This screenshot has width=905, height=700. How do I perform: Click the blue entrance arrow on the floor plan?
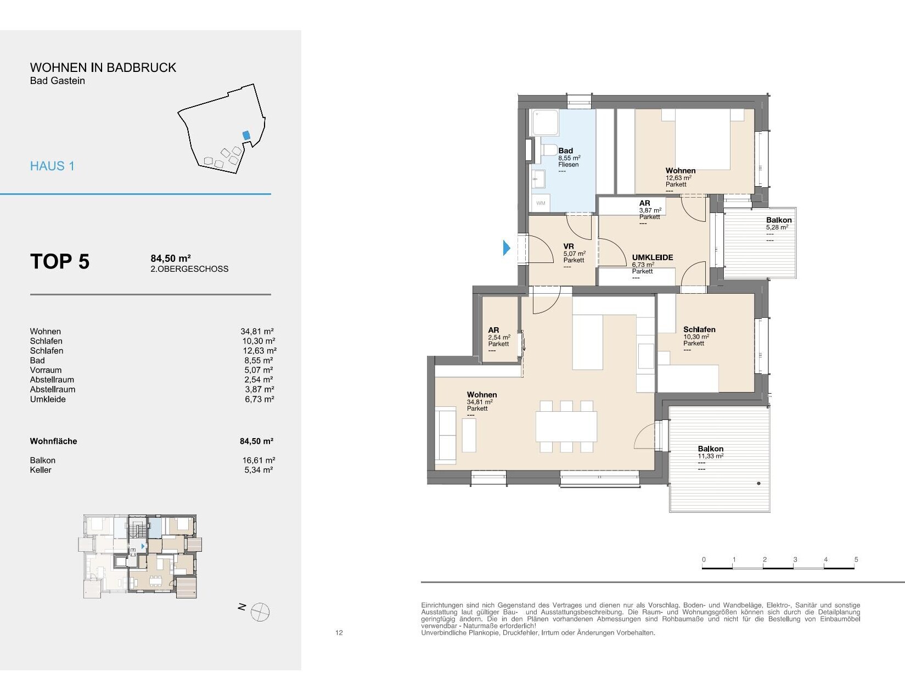(x=507, y=248)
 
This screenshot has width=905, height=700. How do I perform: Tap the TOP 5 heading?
(x=60, y=261)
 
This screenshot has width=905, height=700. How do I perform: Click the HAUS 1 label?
(x=53, y=166)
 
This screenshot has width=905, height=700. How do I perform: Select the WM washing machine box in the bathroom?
(x=541, y=203)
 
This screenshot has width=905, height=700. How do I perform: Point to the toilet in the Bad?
(x=549, y=152)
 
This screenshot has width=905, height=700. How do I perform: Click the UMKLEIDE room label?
(x=652, y=257)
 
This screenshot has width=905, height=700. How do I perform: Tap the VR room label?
(x=569, y=246)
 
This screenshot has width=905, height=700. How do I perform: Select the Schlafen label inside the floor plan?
(x=699, y=329)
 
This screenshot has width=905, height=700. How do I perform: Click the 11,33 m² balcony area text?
(x=711, y=456)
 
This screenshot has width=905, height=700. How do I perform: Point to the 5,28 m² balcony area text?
(x=777, y=227)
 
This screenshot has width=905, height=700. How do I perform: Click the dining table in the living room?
(x=566, y=427)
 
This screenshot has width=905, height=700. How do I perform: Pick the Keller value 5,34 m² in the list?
(x=258, y=470)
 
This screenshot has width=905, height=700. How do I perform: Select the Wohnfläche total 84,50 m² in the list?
(x=256, y=441)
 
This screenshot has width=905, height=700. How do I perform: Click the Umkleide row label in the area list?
(x=48, y=399)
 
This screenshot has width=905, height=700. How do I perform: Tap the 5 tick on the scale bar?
(x=856, y=559)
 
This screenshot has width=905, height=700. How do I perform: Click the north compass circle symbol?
(x=260, y=612)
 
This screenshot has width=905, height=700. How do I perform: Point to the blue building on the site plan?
(x=246, y=136)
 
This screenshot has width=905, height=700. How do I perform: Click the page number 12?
(x=339, y=632)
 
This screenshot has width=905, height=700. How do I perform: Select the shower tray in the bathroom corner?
(x=544, y=122)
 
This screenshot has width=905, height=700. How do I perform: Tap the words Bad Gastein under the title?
(x=58, y=81)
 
